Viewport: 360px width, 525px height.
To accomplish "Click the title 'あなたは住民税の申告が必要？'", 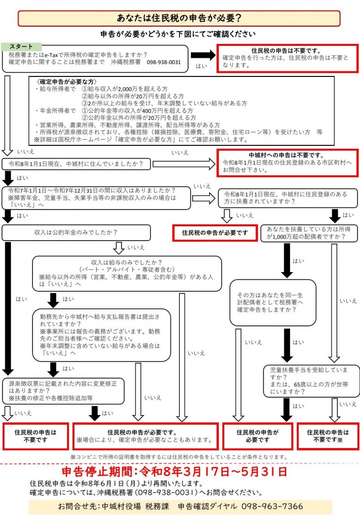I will click(179, 18).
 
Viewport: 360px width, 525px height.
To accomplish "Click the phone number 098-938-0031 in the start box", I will click(164, 63).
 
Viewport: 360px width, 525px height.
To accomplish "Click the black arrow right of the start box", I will click(203, 55).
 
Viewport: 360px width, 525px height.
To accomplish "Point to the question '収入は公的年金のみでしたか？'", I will click(79, 232).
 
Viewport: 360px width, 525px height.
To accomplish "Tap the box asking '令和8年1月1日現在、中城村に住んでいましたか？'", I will click(76, 163).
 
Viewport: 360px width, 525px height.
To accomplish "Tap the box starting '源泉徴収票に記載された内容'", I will click(63, 390).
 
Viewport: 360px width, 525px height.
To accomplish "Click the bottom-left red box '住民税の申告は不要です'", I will click(35, 436).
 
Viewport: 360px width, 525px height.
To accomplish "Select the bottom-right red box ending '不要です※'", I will click(327, 436).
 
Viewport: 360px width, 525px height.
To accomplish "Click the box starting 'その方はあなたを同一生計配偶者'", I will click(273, 302).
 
